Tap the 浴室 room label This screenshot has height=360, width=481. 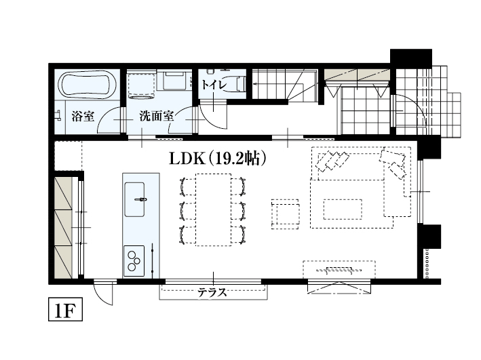[83, 116]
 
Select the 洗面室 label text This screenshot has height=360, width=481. [157, 116]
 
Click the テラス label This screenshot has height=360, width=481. [212, 293]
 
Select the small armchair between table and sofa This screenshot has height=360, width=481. [285, 212]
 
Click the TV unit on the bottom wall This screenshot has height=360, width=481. [339, 270]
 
